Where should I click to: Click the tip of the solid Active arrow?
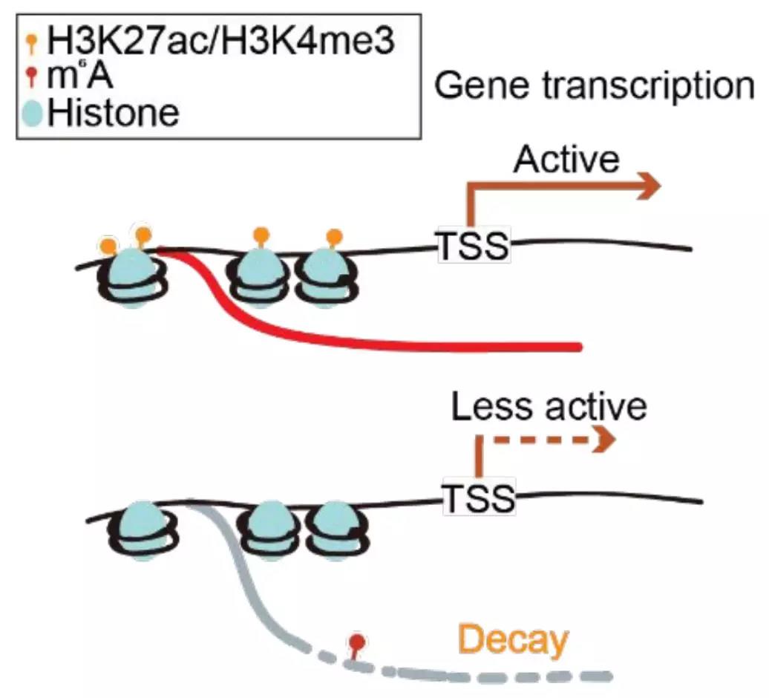(661, 186)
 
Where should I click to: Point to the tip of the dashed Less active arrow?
(615, 439)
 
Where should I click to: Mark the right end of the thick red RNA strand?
(580, 347)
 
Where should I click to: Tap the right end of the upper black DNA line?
(692, 249)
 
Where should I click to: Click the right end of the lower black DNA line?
(702, 501)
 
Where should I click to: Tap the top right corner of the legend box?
(421, 15)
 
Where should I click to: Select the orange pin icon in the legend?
(33, 43)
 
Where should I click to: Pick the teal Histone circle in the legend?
(33, 113)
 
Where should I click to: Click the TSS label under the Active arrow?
(474, 245)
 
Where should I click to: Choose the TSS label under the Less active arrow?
(480, 498)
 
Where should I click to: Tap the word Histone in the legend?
(114, 113)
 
